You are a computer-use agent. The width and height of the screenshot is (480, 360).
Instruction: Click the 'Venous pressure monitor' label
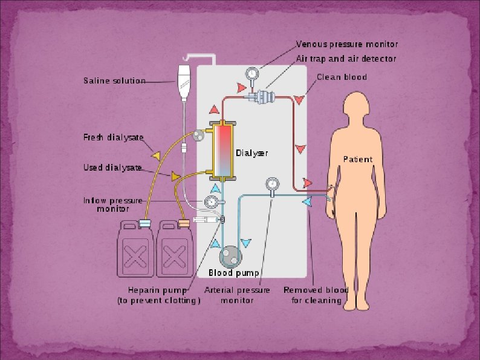click(346, 44)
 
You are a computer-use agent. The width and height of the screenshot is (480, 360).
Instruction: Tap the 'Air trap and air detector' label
click(346, 59)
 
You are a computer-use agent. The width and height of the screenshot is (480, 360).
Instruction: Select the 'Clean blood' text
click(342, 77)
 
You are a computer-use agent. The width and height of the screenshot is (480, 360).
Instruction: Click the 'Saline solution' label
click(114, 80)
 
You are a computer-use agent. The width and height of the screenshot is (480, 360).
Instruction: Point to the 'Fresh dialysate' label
click(113, 137)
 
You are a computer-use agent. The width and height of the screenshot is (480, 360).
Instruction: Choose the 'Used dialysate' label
click(112, 168)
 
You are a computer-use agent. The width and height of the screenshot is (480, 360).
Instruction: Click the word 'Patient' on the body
click(358, 159)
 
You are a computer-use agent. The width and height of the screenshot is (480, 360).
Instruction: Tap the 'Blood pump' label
click(233, 273)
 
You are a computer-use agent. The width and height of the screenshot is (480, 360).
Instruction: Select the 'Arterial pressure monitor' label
click(237, 295)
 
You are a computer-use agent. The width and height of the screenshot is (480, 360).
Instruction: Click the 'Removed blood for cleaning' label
click(316, 295)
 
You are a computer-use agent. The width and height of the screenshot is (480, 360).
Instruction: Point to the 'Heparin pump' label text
click(160, 290)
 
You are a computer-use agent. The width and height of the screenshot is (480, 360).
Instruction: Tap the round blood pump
click(230, 257)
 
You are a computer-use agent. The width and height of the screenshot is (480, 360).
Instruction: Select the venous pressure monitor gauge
click(251, 74)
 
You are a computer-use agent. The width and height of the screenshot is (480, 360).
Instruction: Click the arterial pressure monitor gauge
click(271, 183)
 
